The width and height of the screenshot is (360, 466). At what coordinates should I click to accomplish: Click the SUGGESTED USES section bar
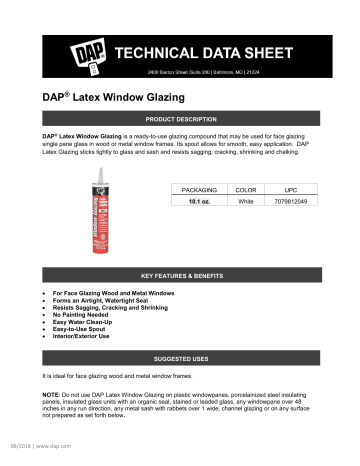(181, 356)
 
